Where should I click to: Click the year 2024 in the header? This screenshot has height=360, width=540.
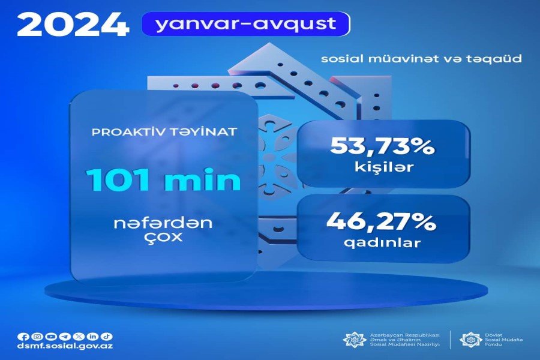tap(73, 25)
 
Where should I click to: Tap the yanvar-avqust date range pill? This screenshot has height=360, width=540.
tap(246, 24)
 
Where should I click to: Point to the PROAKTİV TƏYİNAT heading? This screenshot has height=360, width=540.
tap(164, 131)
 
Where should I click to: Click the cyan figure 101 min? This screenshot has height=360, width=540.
tap(164, 179)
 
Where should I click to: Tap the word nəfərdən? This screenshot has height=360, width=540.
tap(163, 223)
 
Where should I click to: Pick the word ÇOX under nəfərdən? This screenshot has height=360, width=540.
tap(163, 238)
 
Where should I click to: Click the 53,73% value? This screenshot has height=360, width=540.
tap(383, 146)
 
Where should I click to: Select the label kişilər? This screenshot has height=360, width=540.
tap(384, 167)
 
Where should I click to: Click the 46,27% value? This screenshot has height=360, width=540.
tap(382, 221)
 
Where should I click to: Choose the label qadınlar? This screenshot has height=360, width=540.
tap(382, 242)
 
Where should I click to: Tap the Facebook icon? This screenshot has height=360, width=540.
tap(23, 337)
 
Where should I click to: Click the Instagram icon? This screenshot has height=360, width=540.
tap(37, 337)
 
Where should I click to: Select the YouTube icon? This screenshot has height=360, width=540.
tap(50, 337)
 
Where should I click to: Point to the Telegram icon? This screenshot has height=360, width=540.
tap(65, 337)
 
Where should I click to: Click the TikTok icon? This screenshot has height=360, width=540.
tap(107, 336)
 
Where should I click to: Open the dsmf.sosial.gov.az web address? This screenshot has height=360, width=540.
tap(65, 346)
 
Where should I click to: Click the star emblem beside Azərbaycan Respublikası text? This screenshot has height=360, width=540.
tap(355, 340)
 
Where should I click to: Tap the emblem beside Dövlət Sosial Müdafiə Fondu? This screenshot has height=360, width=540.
tap(470, 340)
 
